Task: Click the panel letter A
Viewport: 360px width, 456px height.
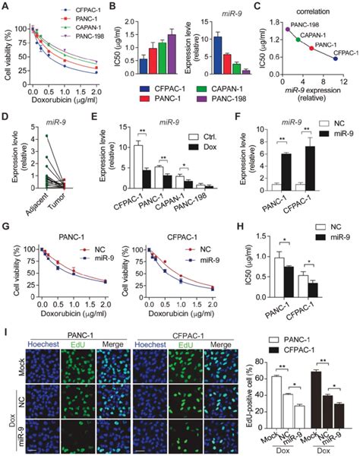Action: point(6,6)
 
